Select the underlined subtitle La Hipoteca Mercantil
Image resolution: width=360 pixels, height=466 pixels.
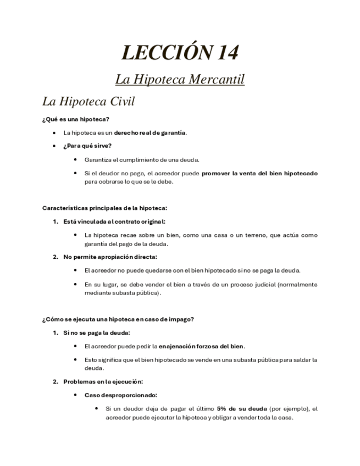[x=180, y=79]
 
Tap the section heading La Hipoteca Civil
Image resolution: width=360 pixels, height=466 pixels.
[x=88, y=102]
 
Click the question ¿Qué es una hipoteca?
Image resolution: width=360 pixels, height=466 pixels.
[x=76, y=119]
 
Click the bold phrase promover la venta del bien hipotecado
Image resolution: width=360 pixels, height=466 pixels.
[x=259, y=173]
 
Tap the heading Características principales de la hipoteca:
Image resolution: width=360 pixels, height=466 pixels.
[x=105, y=208]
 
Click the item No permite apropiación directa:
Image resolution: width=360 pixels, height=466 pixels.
[x=110, y=257]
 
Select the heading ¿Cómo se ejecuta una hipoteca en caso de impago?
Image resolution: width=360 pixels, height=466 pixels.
[x=118, y=319]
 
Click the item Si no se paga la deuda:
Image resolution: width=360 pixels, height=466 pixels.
[x=97, y=332]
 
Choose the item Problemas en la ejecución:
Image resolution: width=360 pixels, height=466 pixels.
[x=103, y=381]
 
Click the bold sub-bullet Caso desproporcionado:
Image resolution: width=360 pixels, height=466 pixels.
[x=121, y=395]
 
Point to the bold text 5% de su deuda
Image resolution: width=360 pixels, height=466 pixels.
[x=242, y=408]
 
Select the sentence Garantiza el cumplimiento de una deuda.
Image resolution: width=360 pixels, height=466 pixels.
[x=142, y=159]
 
